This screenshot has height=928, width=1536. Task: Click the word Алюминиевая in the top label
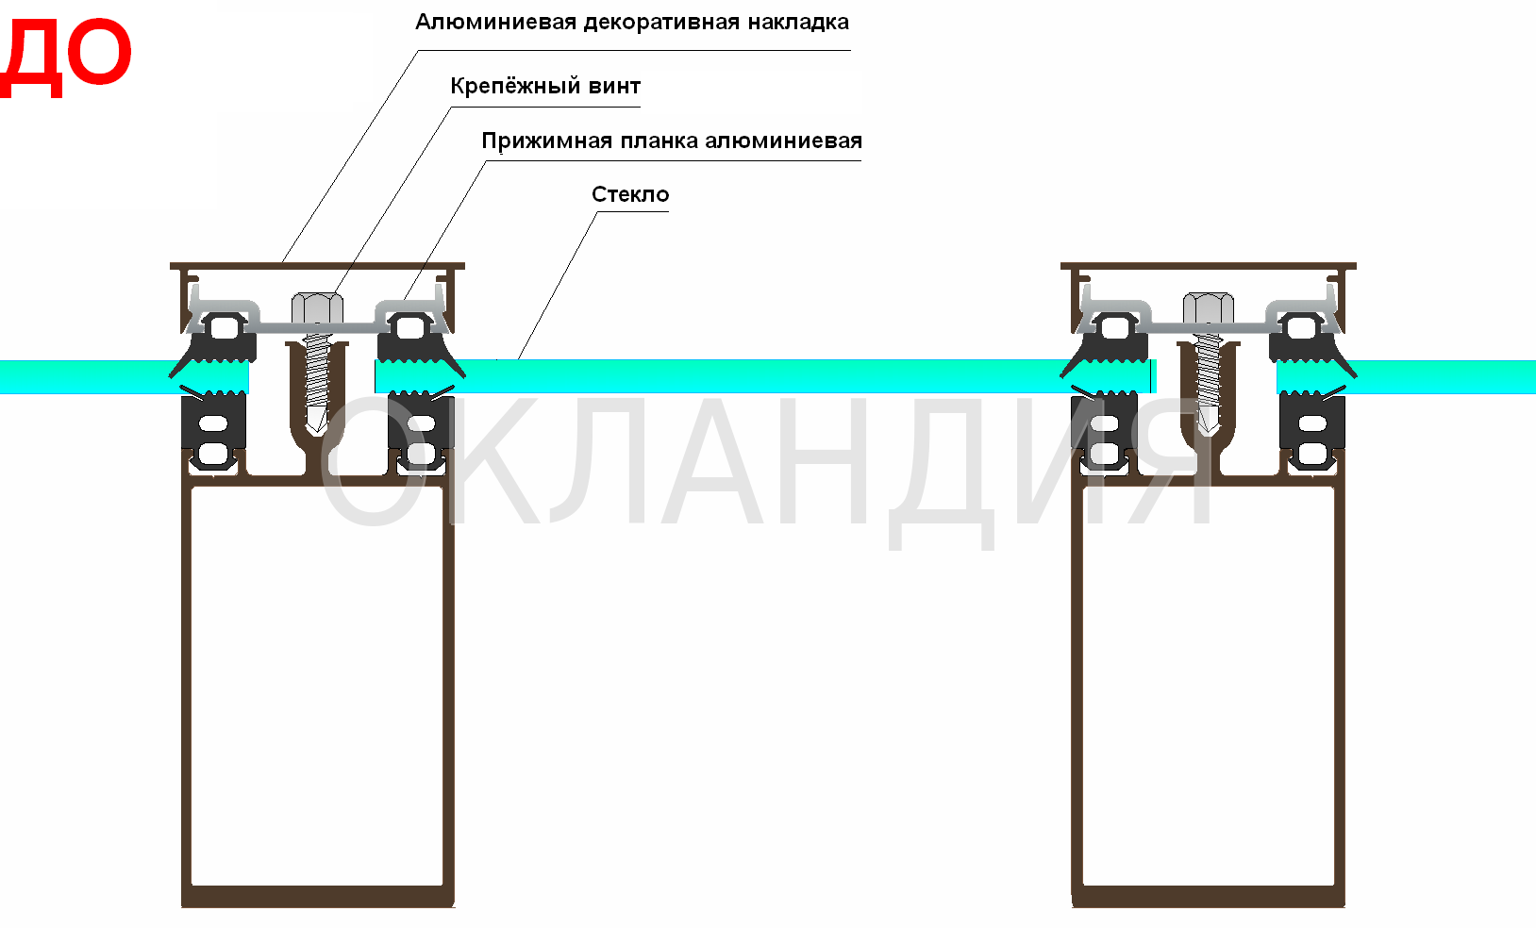tap(495, 22)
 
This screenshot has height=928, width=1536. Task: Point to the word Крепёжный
tap(514, 86)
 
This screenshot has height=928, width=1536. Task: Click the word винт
tap(614, 86)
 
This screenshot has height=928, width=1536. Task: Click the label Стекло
tap(630, 194)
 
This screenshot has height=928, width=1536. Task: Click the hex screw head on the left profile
tap(317, 308)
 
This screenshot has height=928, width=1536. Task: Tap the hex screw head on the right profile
tap(1209, 308)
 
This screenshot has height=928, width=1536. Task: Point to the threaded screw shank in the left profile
tap(317, 373)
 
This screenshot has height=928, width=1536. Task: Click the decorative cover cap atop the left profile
tap(317, 266)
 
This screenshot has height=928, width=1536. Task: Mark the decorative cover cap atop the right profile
tap(1209, 266)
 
